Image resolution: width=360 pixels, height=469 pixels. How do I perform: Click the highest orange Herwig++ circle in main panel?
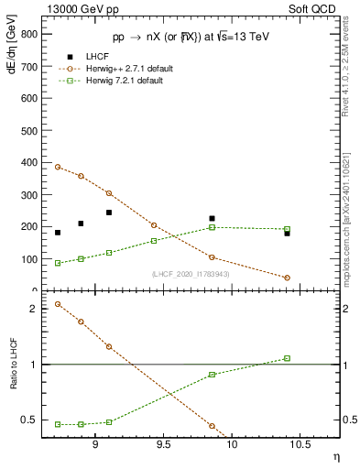[58, 167]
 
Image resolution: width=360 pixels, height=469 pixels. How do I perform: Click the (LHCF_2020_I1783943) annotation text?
[191, 275]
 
